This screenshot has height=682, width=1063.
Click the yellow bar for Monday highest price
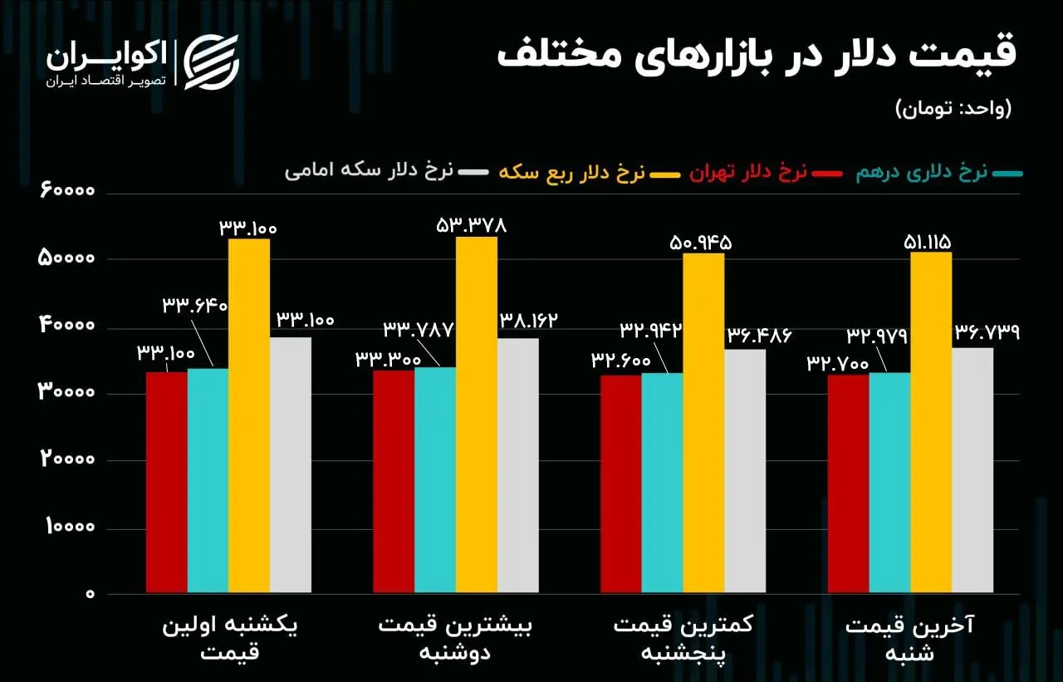[477, 415]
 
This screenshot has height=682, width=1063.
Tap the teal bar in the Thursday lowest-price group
[662, 483]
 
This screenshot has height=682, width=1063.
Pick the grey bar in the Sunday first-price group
[291, 465]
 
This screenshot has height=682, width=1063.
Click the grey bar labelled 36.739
[972, 470]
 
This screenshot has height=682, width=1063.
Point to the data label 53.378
[471, 224]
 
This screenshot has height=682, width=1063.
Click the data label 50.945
[702, 243]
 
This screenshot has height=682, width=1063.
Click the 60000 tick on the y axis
[68, 192]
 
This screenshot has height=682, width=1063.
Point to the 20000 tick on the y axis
[68, 461]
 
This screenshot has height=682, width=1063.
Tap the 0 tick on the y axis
[89, 595]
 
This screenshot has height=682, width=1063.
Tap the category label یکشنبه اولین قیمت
[230, 639]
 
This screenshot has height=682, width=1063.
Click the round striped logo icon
[211, 61]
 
